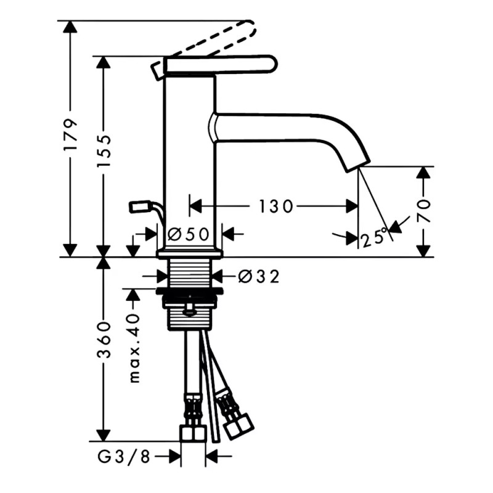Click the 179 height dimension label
[70, 134]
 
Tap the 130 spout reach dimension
[275, 206]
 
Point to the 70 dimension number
[423, 211]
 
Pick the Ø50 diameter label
[189, 234]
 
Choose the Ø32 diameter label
[259, 277]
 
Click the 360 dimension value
[104, 340]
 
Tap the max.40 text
[134, 348]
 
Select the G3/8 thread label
[124, 457]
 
